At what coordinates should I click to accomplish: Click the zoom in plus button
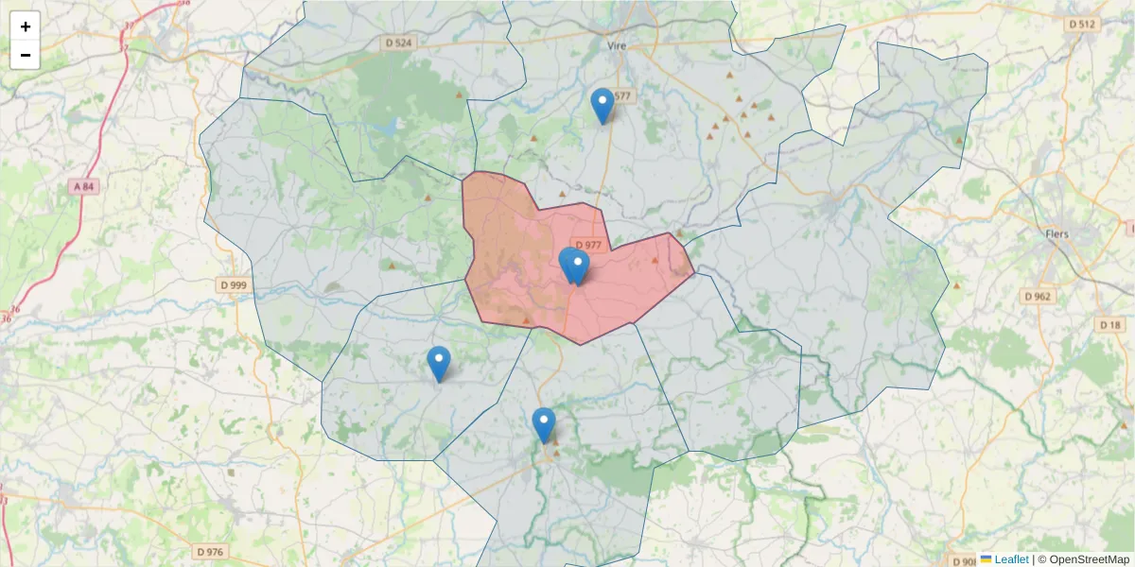(x=26, y=26)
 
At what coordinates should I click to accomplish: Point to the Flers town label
(x=1057, y=233)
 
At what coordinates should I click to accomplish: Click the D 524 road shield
(x=400, y=43)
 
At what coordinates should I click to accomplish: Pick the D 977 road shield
(x=587, y=245)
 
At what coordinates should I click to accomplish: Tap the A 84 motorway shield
(x=83, y=187)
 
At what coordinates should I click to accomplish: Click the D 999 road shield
(x=233, y=284)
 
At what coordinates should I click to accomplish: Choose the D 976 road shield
(x=210, y=551)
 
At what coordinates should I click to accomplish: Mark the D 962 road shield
(x=1037, y=296)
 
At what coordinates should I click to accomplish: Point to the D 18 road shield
(x=1110, y=325)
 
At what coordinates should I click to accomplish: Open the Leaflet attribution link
(x=1011, y=559)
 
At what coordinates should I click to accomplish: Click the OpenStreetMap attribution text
(x=1089, y=559)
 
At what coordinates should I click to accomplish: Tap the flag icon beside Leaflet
(x=987, y=559)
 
